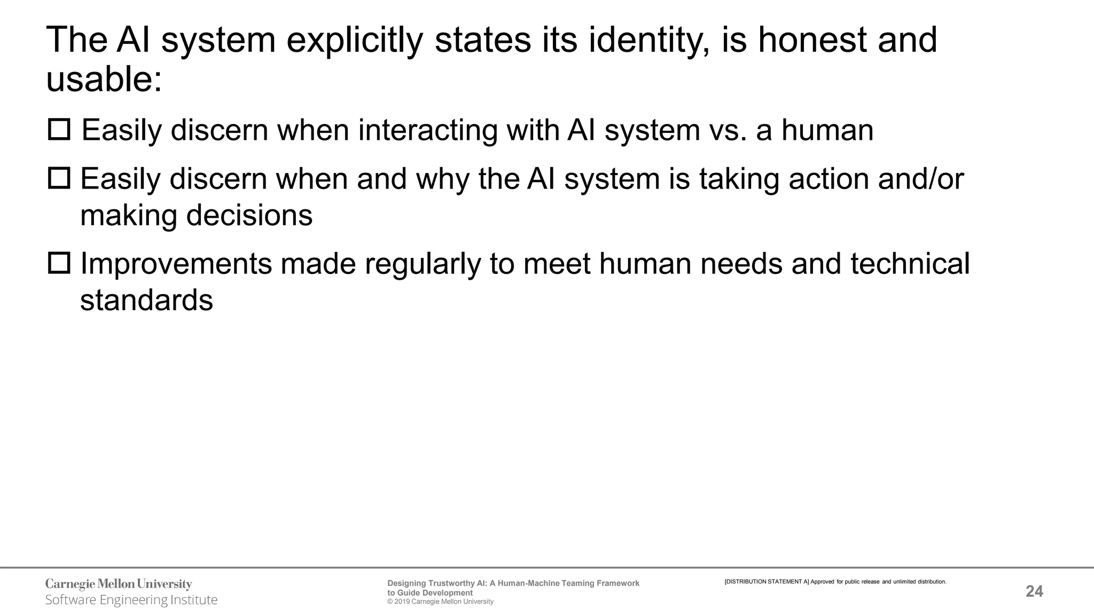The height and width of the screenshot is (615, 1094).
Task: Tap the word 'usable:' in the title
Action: tap(104, 80)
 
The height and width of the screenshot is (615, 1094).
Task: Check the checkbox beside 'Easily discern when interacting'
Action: tap(59, 130)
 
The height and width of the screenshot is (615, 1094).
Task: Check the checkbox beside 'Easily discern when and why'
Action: tap(59, 178)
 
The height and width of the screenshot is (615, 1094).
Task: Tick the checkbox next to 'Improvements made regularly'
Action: tap(59, 263)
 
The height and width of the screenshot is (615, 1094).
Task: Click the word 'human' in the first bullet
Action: tap(827, 130)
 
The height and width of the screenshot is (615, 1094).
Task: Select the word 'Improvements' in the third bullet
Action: tap(176, 264)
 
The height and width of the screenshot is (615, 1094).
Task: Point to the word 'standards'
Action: tap(146, 301)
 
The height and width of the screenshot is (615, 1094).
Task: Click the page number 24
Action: tap(1034, 592)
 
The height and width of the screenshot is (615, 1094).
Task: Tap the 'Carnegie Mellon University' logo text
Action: tap(119, 584)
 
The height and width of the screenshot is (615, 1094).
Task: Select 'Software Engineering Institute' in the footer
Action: tap(131, 600)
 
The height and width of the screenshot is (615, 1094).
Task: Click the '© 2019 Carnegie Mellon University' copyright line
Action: tap(440, 602)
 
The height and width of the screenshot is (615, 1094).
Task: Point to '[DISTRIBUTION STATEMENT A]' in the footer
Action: tap(767, 582)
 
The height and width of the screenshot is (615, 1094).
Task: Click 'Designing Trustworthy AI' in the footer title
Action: tap(431, 584)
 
